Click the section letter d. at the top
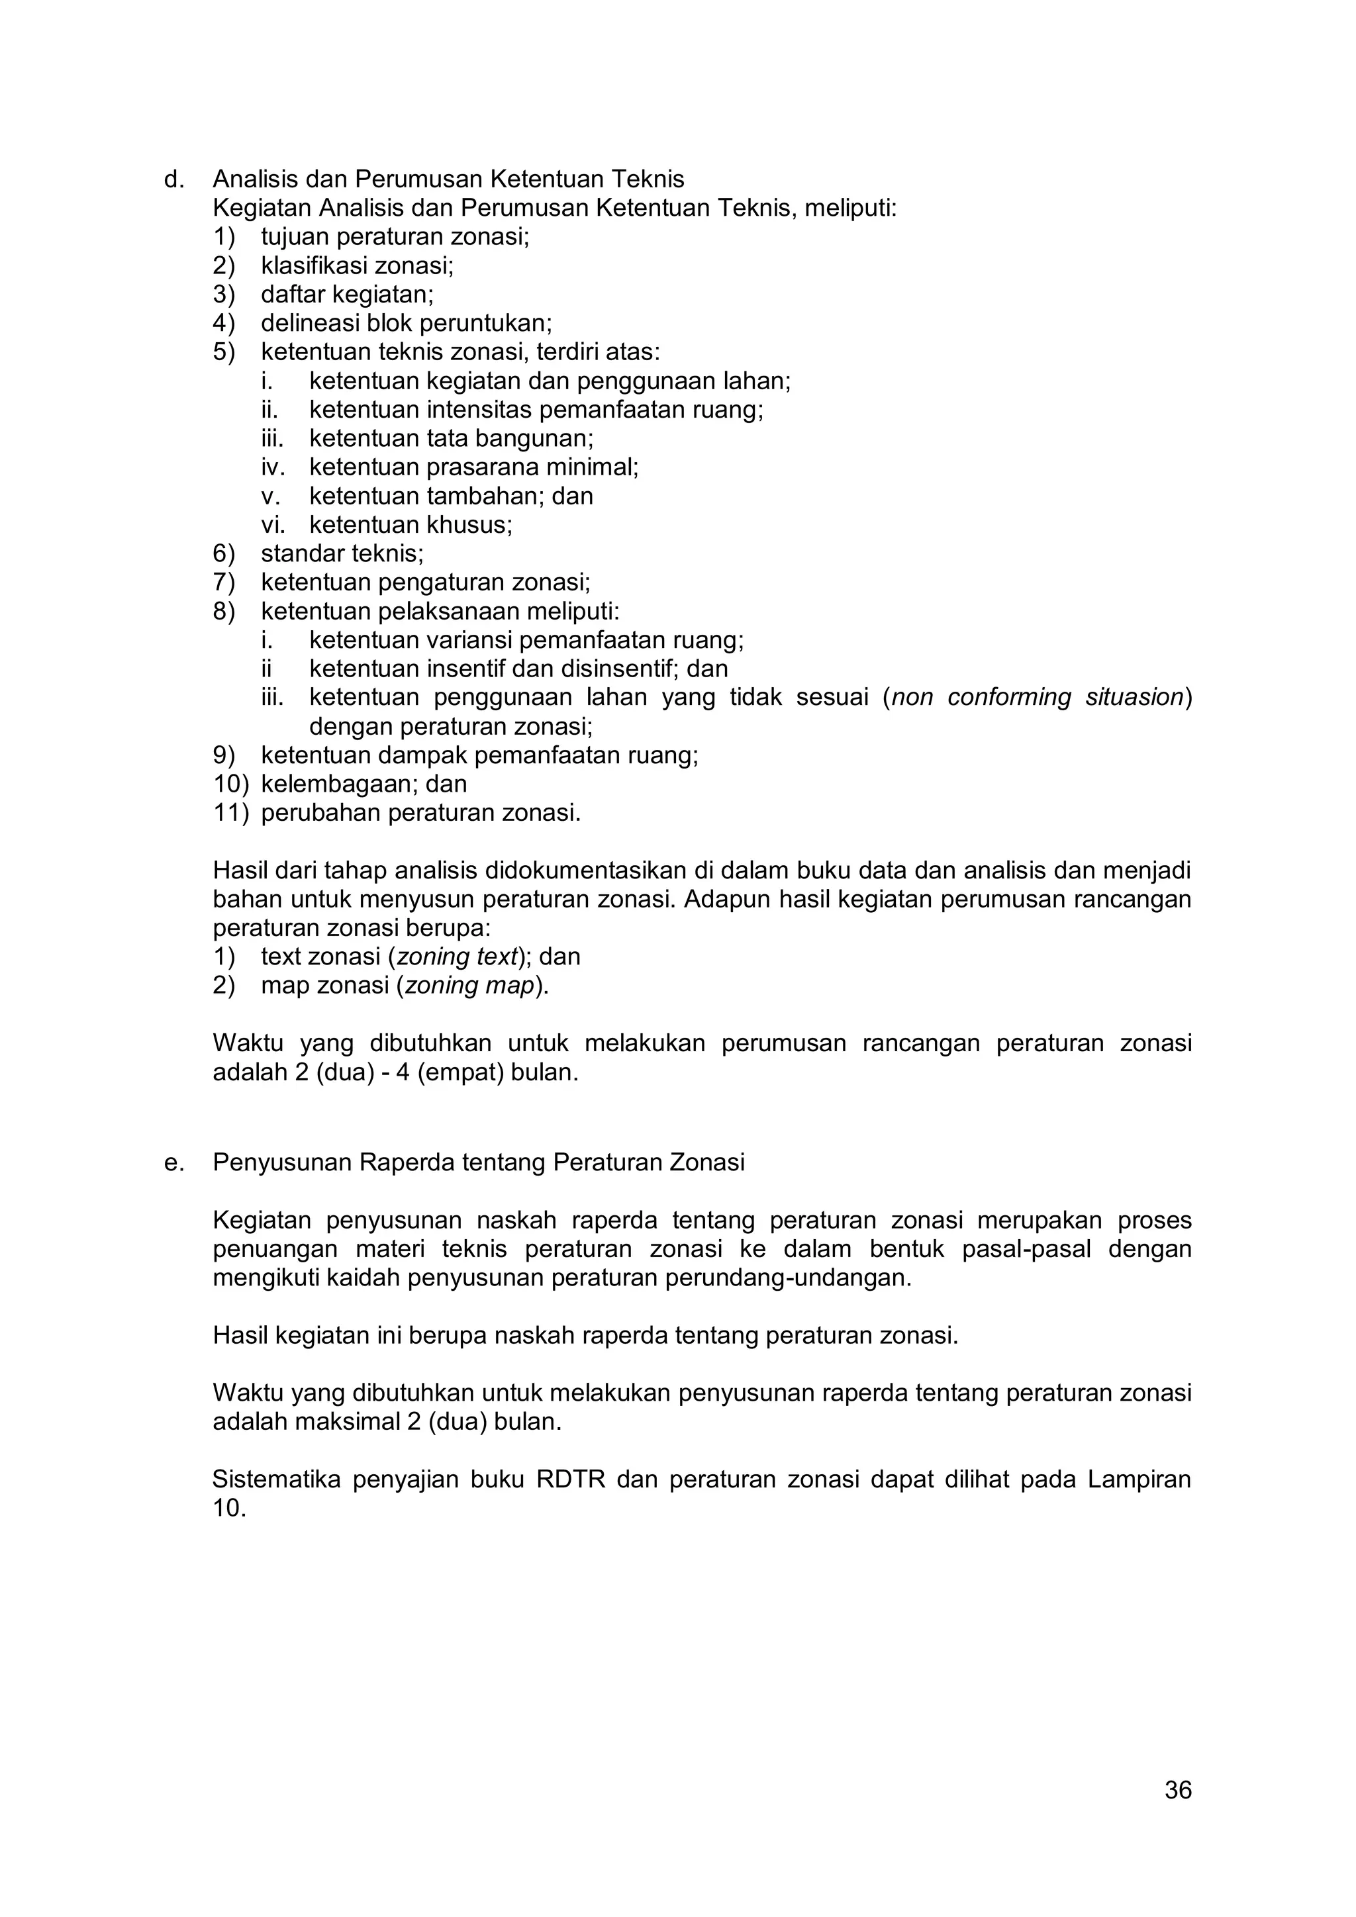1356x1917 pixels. pyautogui.click(x=173, y=179)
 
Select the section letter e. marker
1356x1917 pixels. pyautogui.click(x=173, y=1162)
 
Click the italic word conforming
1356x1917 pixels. pyautogui.click(x=1008, y=697)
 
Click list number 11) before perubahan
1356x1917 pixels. pyautogui.click(x=230, y=812)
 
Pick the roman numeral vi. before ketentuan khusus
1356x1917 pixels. pyautogui.click(x=273, y=525)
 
